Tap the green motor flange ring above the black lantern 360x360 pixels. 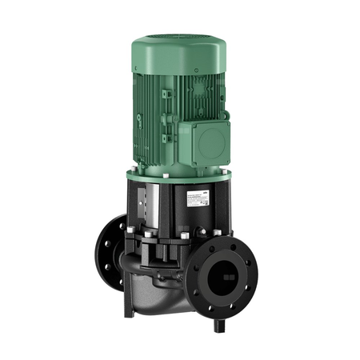178,172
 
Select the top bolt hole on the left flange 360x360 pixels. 126,230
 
